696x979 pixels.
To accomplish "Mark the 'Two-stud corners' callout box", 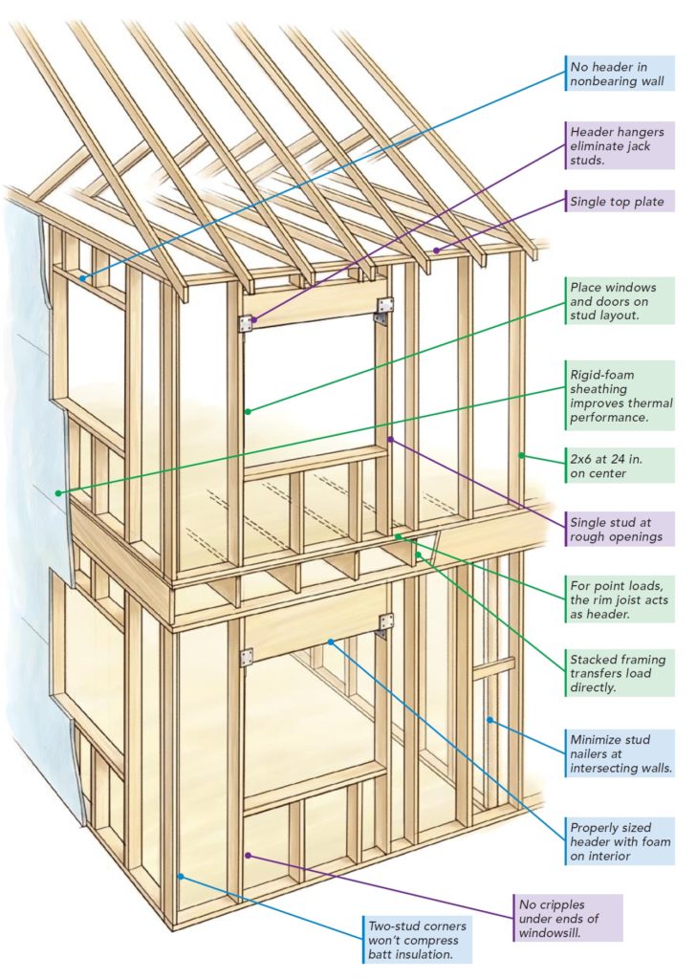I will pyautogui.click(x=419, y=937).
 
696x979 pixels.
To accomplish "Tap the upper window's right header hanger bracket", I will pyautogui.click(x=385, y=306).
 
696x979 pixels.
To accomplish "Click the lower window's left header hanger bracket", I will pyautogui.click(x=246, y=657).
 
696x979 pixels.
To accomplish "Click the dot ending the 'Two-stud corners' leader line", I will pyautogui.click(x=181, y=876).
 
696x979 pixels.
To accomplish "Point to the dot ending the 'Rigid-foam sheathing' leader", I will pyautogui.click(x=59, y=493).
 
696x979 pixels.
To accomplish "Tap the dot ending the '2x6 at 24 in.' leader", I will pyautogui.click(x=521, y=455).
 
